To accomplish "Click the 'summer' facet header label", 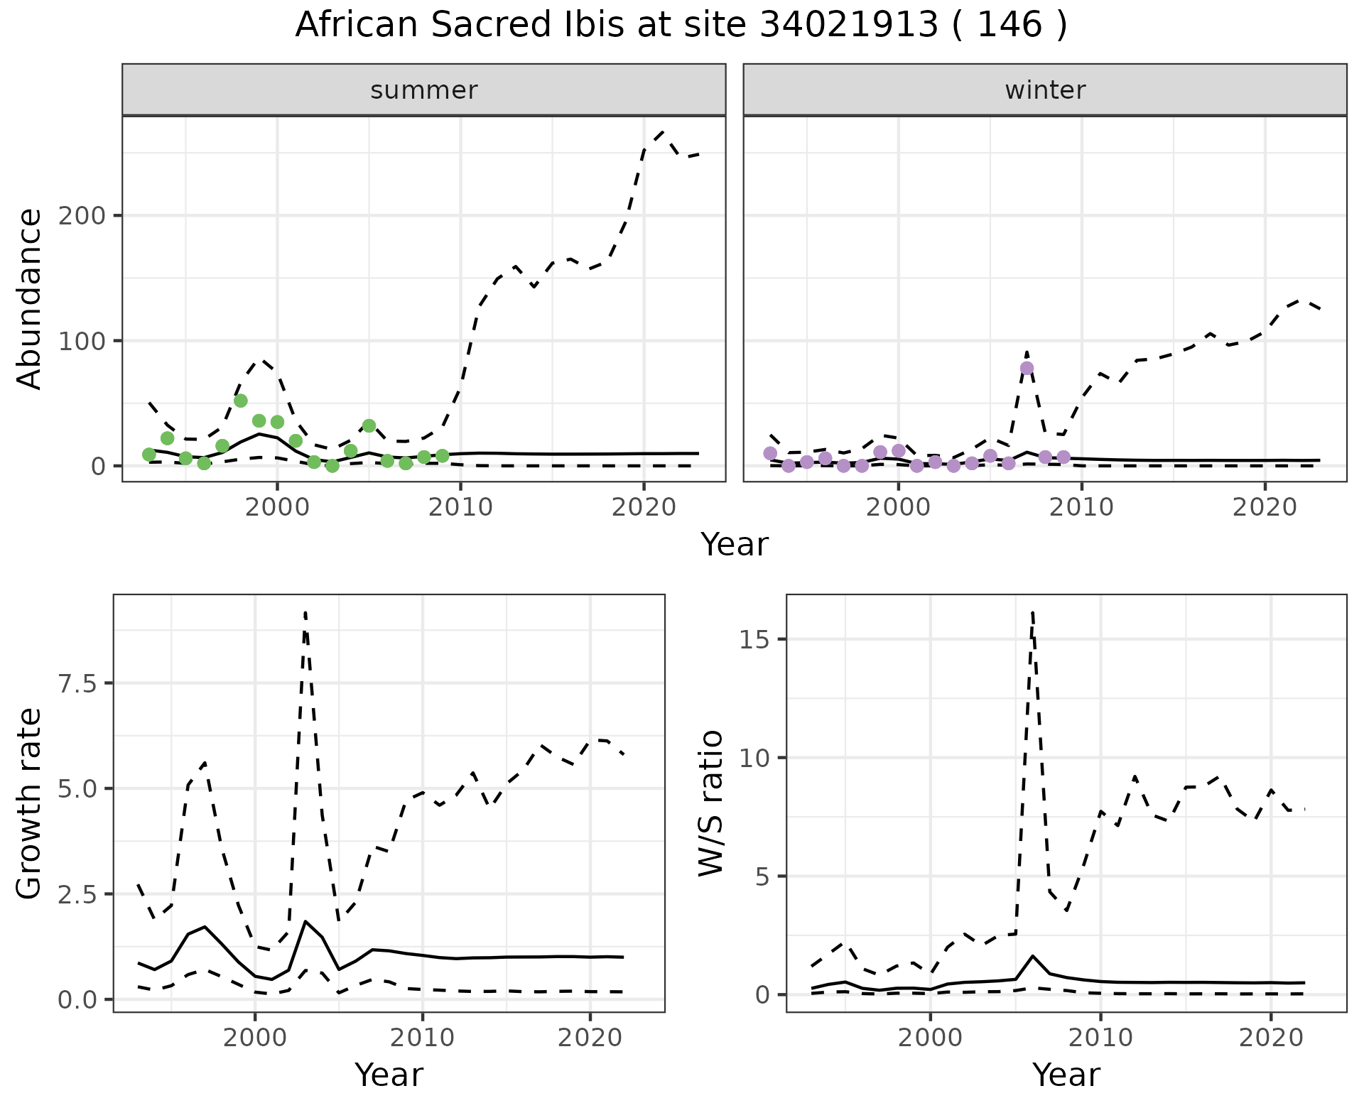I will pyautogui.click(x=423, y=90).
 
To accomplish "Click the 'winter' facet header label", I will pyautogui.click(x=1044, y=90).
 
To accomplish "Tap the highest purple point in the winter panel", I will pyautogui.click(x=1027, y=368).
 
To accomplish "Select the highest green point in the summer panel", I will pyautogui.click(x=240, y=401).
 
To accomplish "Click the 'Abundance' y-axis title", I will pyautogui.click(x=30, y=298).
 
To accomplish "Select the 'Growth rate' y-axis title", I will pyautogui.click(x=30, y=804).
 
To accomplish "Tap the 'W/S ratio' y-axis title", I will pyautogui.click(x=710, y=804).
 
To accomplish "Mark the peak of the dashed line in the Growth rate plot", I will pyautogui.click(x=305, y=612).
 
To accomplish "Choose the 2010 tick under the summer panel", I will pyautogui.click(x=460, y=508).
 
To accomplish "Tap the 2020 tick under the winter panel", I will pyautogui.click(x=1265, y=508).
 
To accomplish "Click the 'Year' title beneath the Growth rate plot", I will pyautogui.click(x=389, y=1075).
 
